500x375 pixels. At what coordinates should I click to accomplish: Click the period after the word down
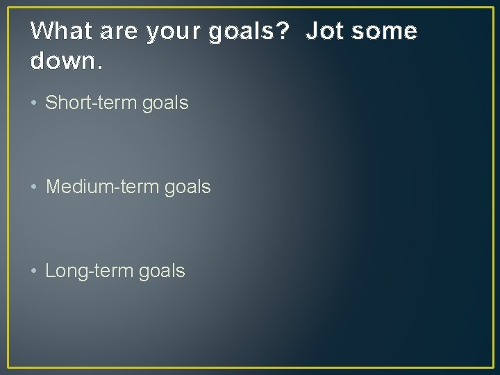tap(101, 68)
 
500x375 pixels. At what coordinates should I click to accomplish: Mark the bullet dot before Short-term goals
tap(35, 103)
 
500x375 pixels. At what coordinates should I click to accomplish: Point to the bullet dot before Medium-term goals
tap(35, 187)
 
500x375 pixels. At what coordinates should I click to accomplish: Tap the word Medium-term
tap(102, 187)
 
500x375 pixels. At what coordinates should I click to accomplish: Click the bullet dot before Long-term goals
tap(35, 271)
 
